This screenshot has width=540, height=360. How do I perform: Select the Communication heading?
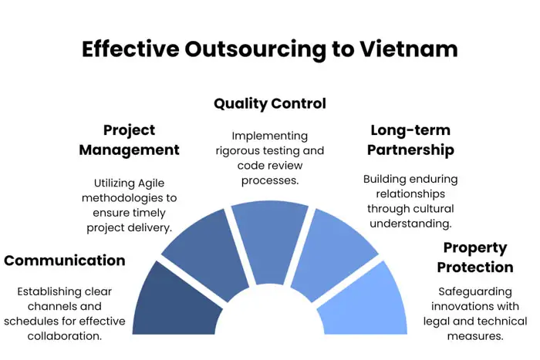pos(65,261)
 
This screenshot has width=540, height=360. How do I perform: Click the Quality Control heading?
pos(270,103)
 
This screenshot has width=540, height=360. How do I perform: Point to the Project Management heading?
pos(130,140)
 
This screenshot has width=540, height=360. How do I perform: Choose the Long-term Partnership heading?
pos(410,140)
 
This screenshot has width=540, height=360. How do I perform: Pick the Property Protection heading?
pos(474,258)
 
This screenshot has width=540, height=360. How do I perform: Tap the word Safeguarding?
pos(475,292)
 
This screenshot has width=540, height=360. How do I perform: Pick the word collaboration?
pos(65,336)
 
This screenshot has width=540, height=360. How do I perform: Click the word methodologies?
pos(120,198)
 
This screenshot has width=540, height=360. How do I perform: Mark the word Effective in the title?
pos(130,49)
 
